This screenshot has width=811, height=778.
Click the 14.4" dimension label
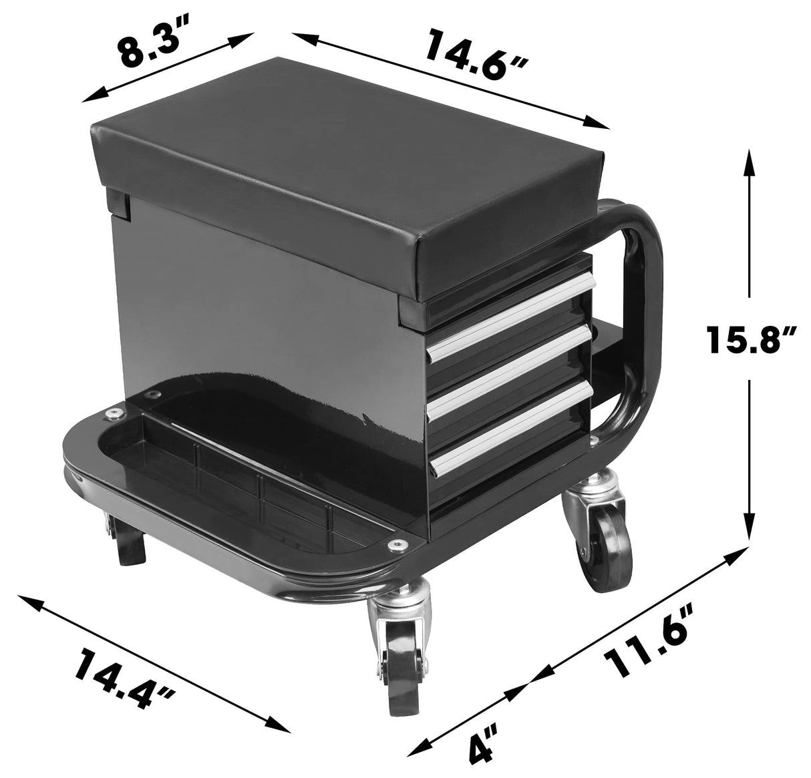126,676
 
